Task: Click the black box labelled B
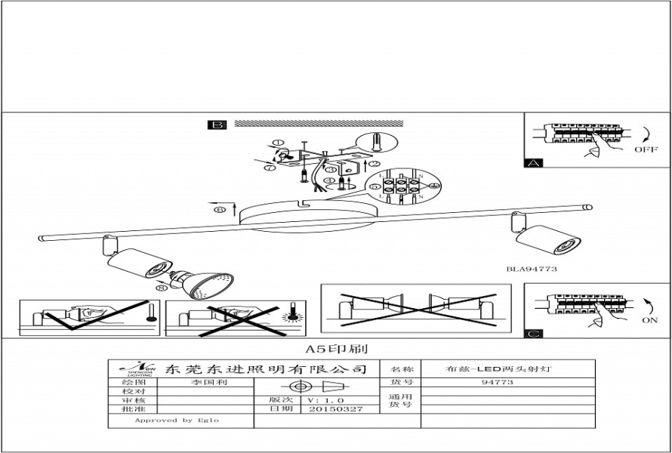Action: click(x=217, y=125)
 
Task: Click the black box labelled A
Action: click(x=533, y=162)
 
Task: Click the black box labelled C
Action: click(x=533, y=332)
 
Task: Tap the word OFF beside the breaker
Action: click(x=646, y=149)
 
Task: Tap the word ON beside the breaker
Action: click(x=649, y=320)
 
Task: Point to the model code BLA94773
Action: click(x=532, y=269)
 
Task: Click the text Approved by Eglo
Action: click(x=176, y=420)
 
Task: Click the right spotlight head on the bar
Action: click(x=549, y=239)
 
